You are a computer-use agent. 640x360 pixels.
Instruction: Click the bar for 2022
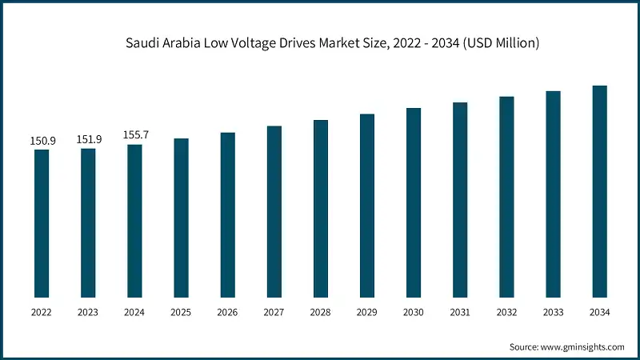[x=42, y=224]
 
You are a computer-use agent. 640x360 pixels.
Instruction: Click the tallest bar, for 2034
[x=599, y=192]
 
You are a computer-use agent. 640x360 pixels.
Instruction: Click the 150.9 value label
[x=43, y=141]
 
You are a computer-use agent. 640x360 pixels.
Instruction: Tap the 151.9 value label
[x=90, y=139]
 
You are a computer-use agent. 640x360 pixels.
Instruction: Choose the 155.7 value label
[x=136, y=135]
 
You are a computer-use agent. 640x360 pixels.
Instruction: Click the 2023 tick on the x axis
[x=89, y=314]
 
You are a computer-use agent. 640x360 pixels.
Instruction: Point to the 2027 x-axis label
[x=274, y=314]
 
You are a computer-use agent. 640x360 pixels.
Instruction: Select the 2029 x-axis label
[x=367, y=314]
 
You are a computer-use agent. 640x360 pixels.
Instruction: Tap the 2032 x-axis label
[x=506, y=314]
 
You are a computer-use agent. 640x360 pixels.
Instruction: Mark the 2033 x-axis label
[x=553, y=314]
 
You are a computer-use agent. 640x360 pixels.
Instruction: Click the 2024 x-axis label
[x=135, y=314]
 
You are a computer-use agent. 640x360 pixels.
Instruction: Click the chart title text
[x=332, y=43]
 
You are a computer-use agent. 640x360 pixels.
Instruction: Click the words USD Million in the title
[x=502, y=43]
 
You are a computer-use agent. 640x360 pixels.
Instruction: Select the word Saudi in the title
[x=142, y=43]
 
